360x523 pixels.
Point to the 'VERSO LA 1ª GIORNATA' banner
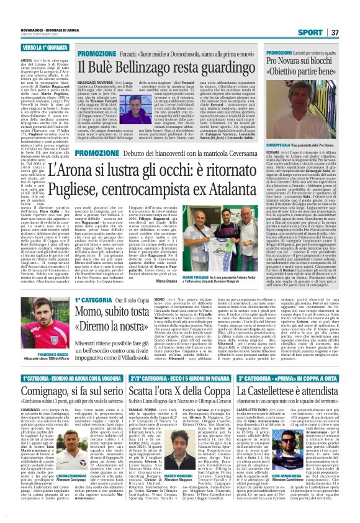click(x=27, y=47)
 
